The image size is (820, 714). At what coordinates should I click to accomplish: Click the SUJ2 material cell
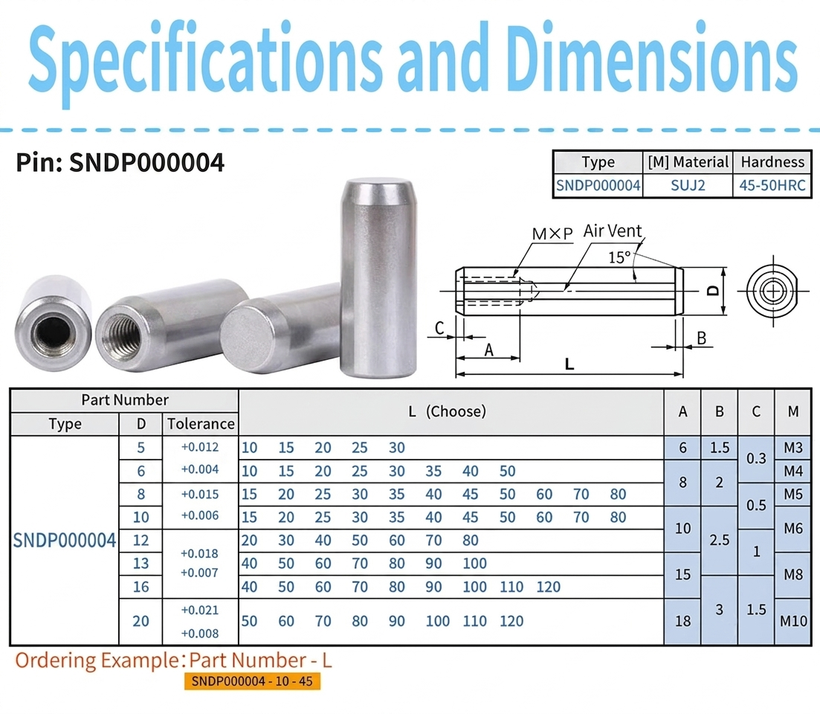pos(688,185)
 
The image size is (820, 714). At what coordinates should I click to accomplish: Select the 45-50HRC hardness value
pos(772,185)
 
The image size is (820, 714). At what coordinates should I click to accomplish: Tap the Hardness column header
pos(772,162)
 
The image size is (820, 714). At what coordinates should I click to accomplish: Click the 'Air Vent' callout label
pos(613,231)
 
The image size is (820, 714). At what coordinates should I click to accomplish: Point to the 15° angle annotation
pos(620,257)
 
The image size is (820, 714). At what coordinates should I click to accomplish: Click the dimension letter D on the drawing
pos(713,291)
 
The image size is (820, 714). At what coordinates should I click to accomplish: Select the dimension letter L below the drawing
pos(569,364)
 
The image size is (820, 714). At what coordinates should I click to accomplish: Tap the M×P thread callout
pos(552,234)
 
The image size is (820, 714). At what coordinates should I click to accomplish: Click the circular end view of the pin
pos(772,291)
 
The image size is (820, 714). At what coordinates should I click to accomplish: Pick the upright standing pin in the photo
pos(378,277)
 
